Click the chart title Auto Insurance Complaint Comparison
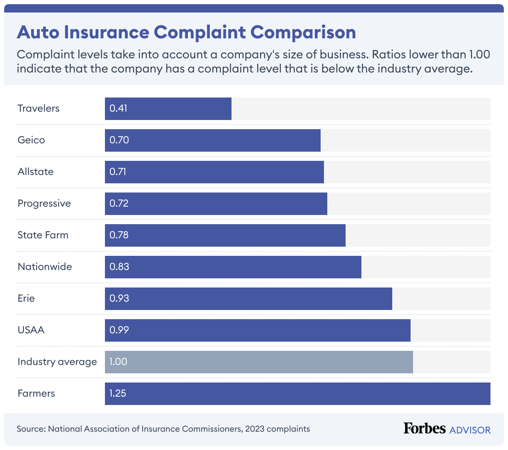[186, 32]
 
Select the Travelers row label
[38, 108]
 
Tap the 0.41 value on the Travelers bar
[118, 108]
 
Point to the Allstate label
[35, 172]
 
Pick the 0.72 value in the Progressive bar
[119, 203]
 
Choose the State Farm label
[43, 235]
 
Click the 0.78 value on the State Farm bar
[119, 235]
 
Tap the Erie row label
[26, 298]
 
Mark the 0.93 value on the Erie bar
[119, 298]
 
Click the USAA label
[31, 330]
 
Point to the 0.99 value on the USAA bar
[119, 330]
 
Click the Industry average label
[57, 362]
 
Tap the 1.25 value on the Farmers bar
[117, 393]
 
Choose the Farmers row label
[36, 393]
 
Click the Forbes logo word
[424, 428]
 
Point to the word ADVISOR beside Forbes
[470, 430]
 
